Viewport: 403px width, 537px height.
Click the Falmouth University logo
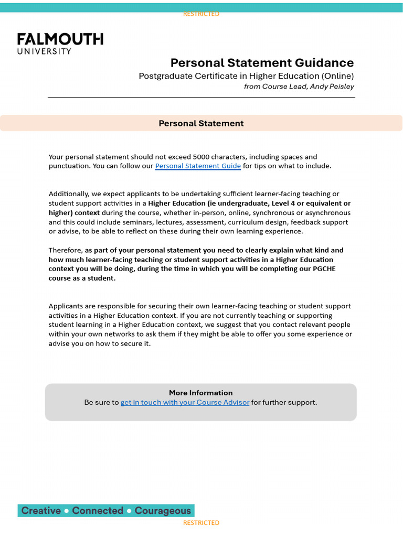tap(60, 44)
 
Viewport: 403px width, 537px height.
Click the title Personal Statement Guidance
tap(262, 63)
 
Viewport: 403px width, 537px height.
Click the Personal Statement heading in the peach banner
tap(201, 123)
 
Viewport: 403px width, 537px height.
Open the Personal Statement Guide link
tap(198, 166)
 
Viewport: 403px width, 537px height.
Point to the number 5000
tap(201, 157)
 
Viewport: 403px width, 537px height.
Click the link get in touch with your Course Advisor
tap(185, 403)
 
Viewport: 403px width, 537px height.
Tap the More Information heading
tap(200, 393)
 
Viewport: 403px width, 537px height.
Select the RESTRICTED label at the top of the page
tap(201, 14)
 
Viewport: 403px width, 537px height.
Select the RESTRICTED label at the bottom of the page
tap(201, 523)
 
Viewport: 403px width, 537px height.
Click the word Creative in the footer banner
tap(41, 511)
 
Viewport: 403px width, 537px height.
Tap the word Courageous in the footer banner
tap(163, 511)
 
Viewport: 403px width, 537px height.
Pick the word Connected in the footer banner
tap(98, 511)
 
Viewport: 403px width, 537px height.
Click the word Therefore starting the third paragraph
tap(66, 250)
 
